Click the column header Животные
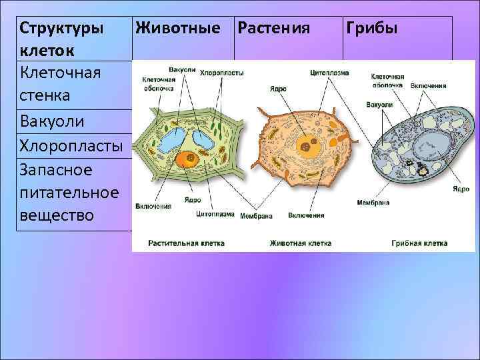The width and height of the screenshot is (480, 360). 177,29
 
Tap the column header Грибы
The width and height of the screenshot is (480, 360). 371,29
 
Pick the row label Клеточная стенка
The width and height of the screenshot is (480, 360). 61,84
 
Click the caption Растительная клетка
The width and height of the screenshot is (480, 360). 187,243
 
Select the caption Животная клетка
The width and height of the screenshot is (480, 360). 301,243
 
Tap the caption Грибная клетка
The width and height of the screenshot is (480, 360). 419,243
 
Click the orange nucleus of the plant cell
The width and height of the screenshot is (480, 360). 185,159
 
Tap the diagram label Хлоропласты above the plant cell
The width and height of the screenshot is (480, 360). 222,72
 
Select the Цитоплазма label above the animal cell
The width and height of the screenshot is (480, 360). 329,72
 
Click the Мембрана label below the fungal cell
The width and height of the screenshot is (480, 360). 373,201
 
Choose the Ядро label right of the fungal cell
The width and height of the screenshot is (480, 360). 461,189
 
